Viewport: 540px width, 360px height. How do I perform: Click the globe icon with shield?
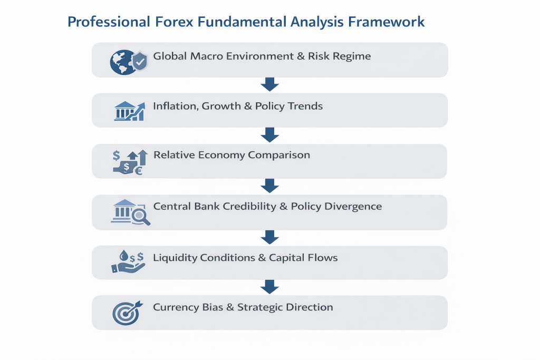[128, 62]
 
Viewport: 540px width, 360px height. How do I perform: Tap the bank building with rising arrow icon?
[130, 111]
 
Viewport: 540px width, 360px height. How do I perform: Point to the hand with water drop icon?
[128, 262]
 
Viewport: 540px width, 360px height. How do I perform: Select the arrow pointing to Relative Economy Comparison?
[269, 135]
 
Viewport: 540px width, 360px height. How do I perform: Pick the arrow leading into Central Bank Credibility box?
[269, 186]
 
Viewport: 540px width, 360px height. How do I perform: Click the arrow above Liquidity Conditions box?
[269, 236]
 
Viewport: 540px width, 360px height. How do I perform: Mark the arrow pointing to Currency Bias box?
[269, 287]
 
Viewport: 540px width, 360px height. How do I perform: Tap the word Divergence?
[355, 206]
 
